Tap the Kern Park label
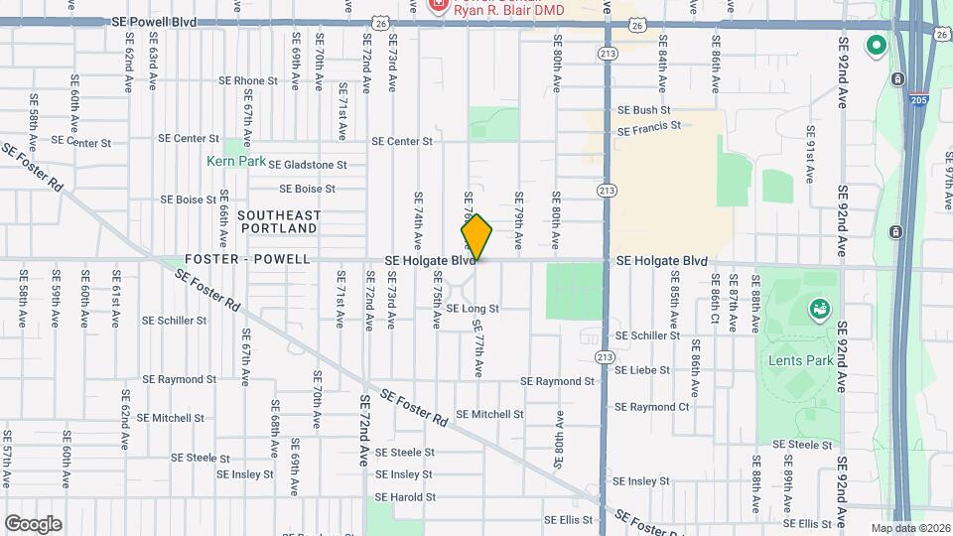236,160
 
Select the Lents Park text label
800,360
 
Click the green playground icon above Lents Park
820,310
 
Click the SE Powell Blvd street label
154,21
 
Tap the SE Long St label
472,309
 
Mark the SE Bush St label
644,110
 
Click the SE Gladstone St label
307,165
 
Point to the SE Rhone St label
247,81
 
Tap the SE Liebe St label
643,370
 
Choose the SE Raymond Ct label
651,407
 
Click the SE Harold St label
405,497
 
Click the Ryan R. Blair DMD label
508,10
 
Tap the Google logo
33,523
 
